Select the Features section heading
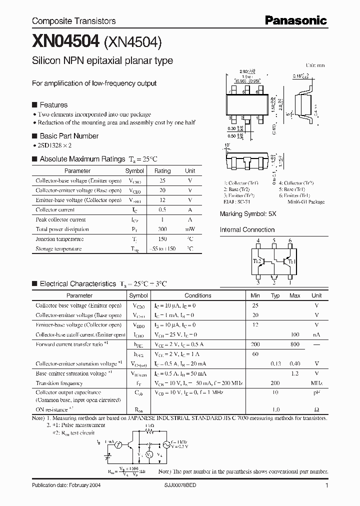pyautogui.click(x=53, y=105)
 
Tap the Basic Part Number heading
pyautogui.click(x=68, y=136)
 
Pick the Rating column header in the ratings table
pyautogui.click(x=162, y=171)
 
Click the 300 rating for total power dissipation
pyautogui.click(x=162, y=229)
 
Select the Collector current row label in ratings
pyautogui.click(x=55, y=210)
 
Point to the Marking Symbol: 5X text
pyautogui.click(x=248, y=213)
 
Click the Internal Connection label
pyautogui.click(x=247, y=230)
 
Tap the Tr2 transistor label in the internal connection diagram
pyautogui.click(x=257, y=261)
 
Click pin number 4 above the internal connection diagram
pyautogui.click(x=258, y=241)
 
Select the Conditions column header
pyautogui.click(x=198, y=295)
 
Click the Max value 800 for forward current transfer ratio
pyautogui.click(x=294, y=344)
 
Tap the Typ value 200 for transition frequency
pyautogui.click(x=274, y=383)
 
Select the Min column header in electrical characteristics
pyautogui.click(x=255, y=295)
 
